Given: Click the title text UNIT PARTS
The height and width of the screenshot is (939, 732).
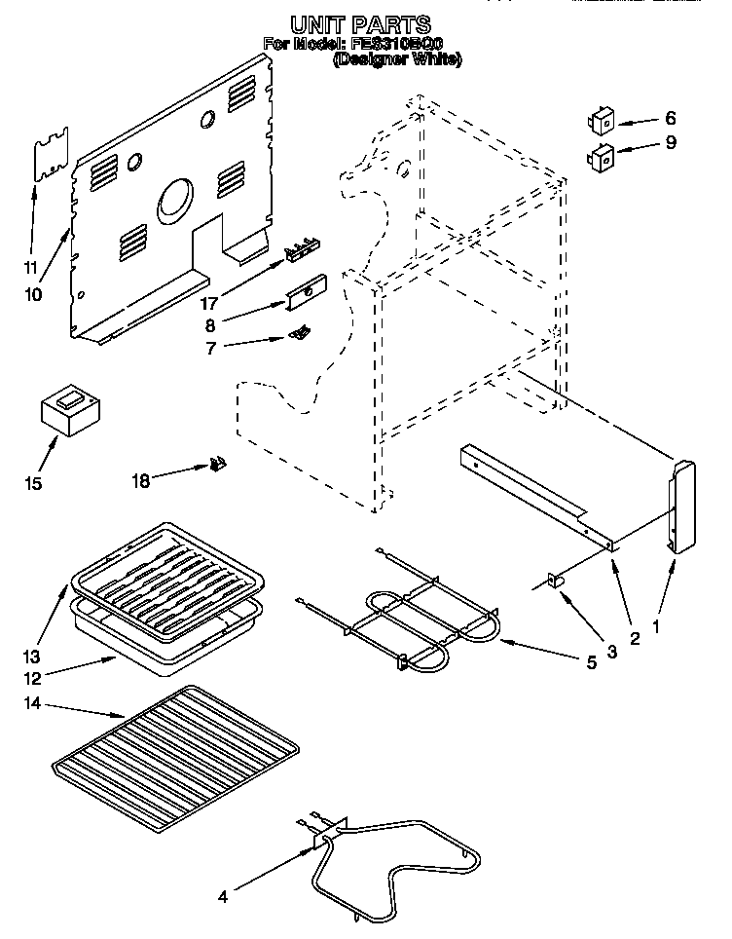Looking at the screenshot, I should pyautogui.click(x=361, y=22).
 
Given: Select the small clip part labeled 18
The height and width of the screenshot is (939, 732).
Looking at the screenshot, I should pyautogui.click(x=219, y=466).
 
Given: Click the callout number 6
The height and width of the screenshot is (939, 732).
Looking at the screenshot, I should pyautogui.click(x=670, y=119).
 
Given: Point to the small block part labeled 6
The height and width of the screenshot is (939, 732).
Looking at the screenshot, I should pyautogui.click(x=601, y=122).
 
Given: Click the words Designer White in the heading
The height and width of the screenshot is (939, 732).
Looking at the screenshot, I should pyautogui.click(x=397, y=59).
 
